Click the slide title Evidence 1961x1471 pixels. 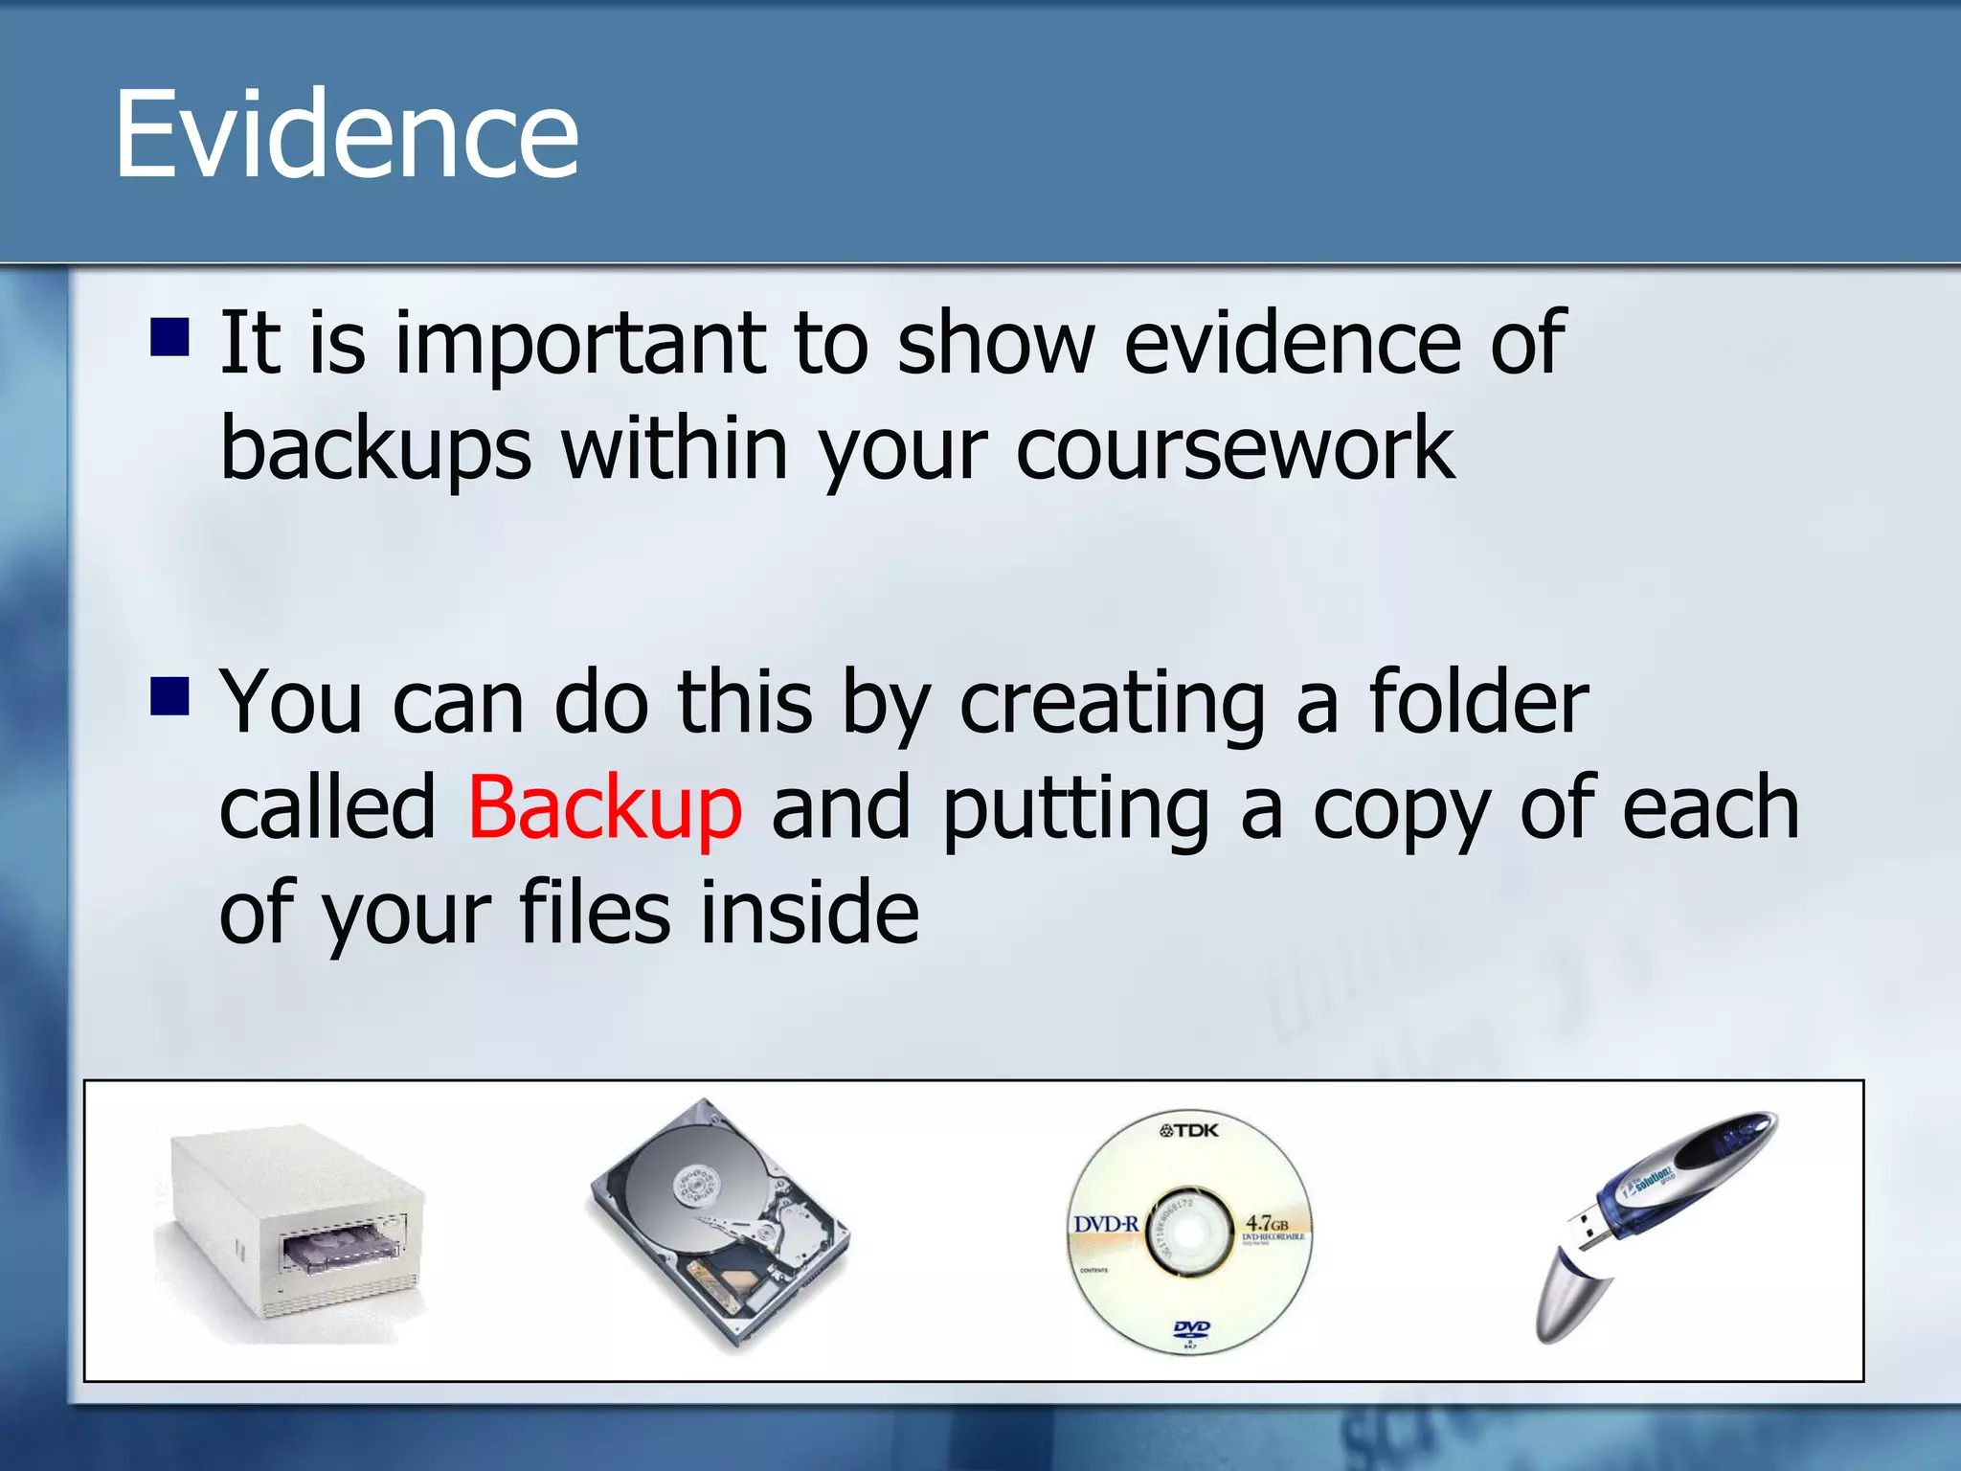[346, 133]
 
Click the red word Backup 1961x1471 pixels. [604, 807]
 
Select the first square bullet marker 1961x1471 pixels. [170, 337]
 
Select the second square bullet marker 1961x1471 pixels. [170, 696]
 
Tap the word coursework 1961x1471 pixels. [1235, 448]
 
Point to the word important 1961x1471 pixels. [580, 343]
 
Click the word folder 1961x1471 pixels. [1478, 702]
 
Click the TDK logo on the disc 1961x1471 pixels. [1189, 1130]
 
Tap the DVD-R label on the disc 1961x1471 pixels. [1106, 1224]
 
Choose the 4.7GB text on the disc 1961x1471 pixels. [1266, 1223]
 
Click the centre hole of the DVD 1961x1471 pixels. [1188, 1234]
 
